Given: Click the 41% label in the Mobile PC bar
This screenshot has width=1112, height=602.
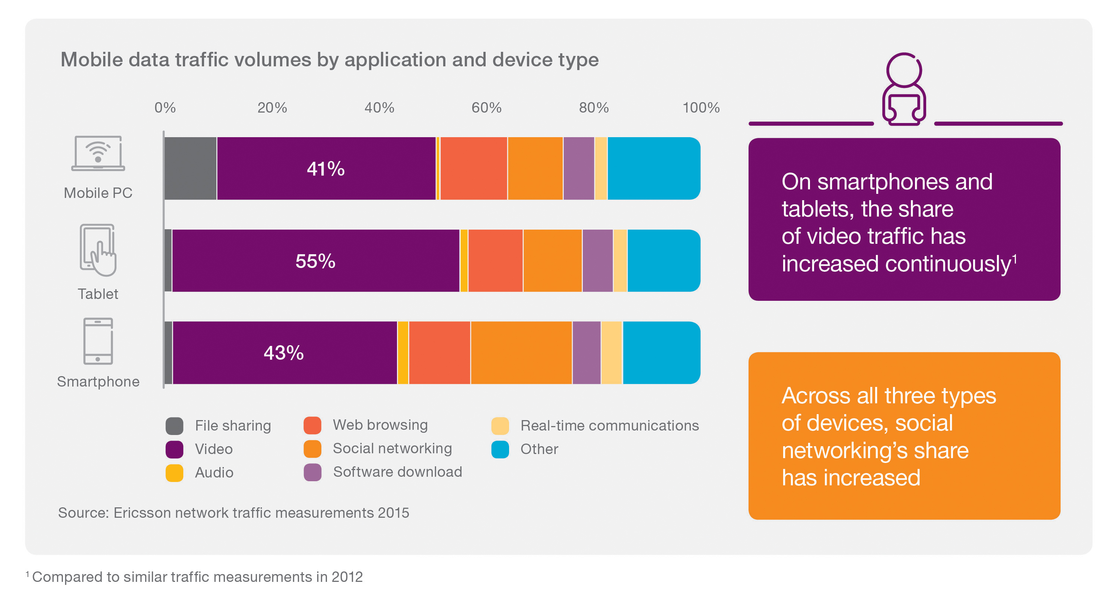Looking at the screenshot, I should pyautogui.click(x=325, y=168).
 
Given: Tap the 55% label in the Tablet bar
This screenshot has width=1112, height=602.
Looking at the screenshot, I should pyautogui.click(x=315, y=261).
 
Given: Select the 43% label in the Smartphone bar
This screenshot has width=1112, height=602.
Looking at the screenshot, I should pyautogui.click(x=284, y=353).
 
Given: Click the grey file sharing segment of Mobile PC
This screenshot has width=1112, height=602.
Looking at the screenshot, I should pyautogui.click(x=190, y=168).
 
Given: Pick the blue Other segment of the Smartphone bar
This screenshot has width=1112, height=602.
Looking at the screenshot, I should pyautogui.click(x=661, y=353).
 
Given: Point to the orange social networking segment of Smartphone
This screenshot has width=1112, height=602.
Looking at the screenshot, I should pyautogui.click(x=521, y=353).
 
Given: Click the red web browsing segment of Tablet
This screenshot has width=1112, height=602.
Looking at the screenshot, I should pyautogui.click(x=495, y=261).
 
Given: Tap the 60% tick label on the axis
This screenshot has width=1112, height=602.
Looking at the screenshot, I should pyautogui.click(x=486, y=108).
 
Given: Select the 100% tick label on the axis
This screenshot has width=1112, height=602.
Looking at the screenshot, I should pyautogui.click(x=700, y=108).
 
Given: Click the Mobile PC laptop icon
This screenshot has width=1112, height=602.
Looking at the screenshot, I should pyautogui.click(x=98, y=154).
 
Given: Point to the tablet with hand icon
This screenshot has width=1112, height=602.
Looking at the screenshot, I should pyautogui.click(x=98, y=250).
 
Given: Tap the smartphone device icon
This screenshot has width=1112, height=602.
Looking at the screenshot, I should pyautogui.click(x=98, y=341).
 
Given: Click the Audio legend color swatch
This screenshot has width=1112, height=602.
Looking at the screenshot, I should pyautogui.click(x=174, y=473).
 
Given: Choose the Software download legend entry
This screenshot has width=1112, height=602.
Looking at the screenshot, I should pyautogui.click(x=397, y=472).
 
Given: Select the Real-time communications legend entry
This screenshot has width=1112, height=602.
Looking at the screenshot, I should pyautogui.click(x=609, y=426).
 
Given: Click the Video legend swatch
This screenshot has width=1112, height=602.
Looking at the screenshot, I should pyautogui.click(x=174, y=450).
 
